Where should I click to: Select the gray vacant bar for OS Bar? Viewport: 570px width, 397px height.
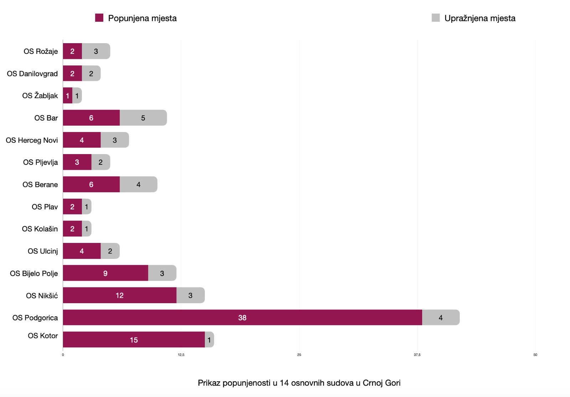pyautogui.click(x=143, y=118)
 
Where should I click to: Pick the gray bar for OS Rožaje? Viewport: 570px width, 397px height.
pyautogui.click(x=96, y=51)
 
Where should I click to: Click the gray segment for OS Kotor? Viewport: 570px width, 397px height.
pyautogui.click(x=209, y=340)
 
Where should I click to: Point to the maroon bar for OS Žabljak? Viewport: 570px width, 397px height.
pyautogui.click(x=67, y=96)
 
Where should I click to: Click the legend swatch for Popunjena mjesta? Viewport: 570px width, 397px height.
pyautogui.click(x=99, y=18)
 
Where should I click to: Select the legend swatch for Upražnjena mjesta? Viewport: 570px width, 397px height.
pyautogui.click(x=435, y=18)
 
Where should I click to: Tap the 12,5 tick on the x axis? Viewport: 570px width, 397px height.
pyautogui.click(x=181, y=355)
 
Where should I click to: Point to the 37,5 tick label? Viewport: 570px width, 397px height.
pyautogui.click(x=417, y=355)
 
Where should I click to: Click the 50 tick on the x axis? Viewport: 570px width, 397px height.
pyautogui.click(x=535, y=355)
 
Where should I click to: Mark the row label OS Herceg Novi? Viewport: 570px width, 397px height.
pyautogui.click(x=32, y=140)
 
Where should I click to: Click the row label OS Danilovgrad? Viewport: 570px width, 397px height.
pyautogui.click(x=32, y=73)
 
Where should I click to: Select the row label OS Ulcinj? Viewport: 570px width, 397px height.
pyautogui.click(x=43, y=251)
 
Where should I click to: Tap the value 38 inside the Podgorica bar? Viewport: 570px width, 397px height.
pyautogui.click(x=242, y=317)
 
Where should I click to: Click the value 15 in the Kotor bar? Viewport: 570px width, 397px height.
pyautogui.click(x=134, y=340)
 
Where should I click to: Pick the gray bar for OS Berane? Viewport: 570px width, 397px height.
pyautogui.click(x=139, y=184)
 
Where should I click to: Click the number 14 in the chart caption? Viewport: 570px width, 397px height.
pyautogui.click(x=284, y=383)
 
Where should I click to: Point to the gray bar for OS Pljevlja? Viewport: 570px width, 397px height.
pyautogui.click(x=100, y=162)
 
